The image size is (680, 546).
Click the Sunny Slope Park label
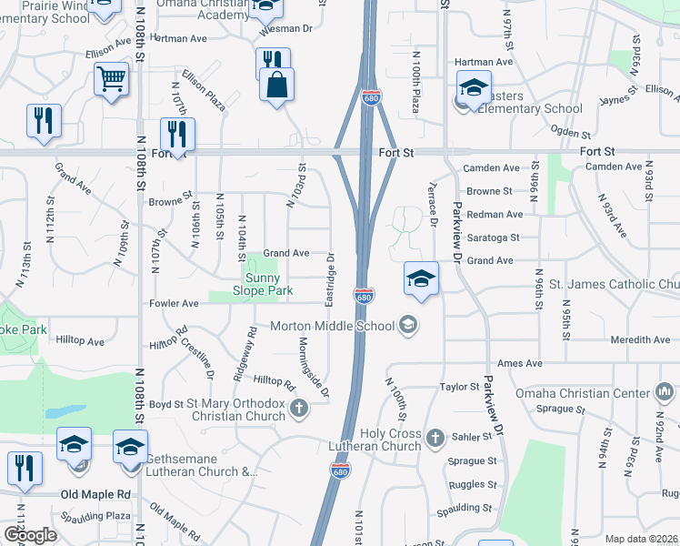pyautogui.click(x=268, y=283)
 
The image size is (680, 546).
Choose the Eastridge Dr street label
pyautogui.click(x=331, y=279)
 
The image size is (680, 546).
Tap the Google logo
pyautogui.click(x=30, y=535)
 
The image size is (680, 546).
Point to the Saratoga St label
pyautogui.click(x=492, y=238)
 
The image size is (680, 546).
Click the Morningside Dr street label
pyautogui.click(x=313, y=369)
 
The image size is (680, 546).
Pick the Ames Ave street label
pyautogui.click(x=519, y=363)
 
